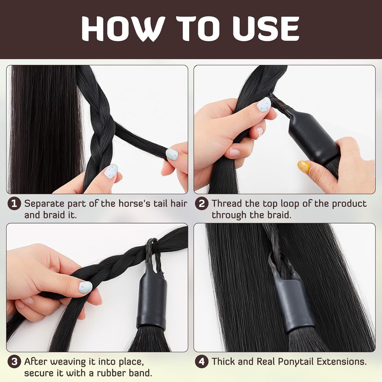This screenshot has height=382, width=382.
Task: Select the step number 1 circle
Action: (x=14, y=204)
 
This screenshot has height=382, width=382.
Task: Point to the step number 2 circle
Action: (x=201, y=204)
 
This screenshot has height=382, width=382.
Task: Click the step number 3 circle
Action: (x=14, y=362)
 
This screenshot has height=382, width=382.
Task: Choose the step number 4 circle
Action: (x=201, y=362)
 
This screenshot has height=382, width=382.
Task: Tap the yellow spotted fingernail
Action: (x=304, y=167)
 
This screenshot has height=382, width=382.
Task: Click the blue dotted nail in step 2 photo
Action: (x=264, y=104)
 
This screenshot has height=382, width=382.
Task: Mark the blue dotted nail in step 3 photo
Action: (x=86, y=287)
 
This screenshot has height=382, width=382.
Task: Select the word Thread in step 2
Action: (x=227, y=204)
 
